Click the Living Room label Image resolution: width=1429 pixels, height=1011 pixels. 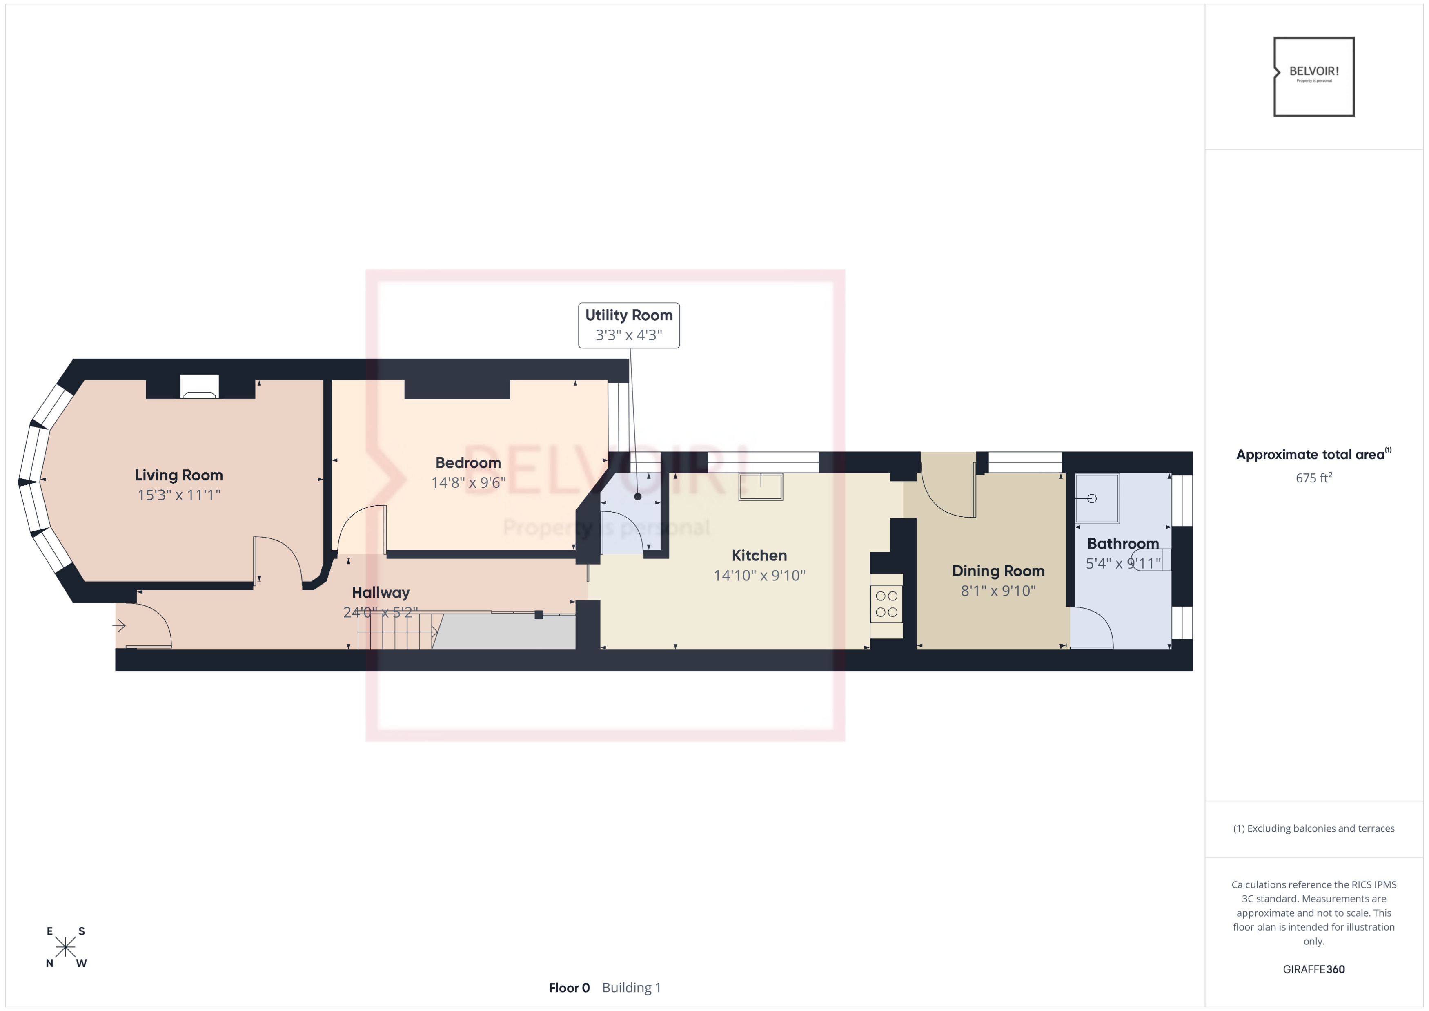179,475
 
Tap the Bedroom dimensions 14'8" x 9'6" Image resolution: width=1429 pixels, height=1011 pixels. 468,482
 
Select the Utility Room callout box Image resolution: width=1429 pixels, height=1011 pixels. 629,325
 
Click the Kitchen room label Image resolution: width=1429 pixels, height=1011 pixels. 759,555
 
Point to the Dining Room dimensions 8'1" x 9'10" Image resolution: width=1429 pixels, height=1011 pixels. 998,590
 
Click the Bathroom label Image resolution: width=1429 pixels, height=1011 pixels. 1123,543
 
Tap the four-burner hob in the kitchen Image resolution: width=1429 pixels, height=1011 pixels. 886,604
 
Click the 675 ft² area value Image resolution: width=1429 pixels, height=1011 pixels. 1313,478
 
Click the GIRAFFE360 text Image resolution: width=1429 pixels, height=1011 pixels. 1313,969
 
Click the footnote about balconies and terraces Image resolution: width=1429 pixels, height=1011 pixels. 1313,828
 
